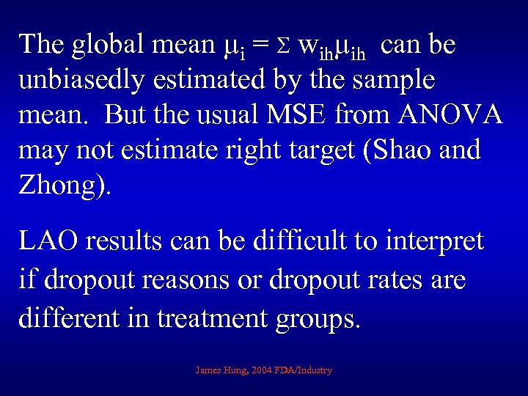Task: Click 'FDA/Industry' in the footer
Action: (304, 370)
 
